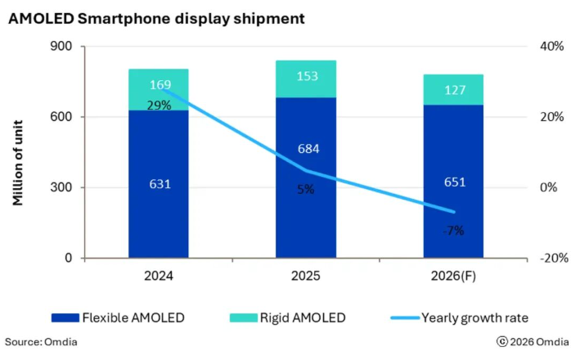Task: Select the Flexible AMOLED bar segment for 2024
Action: tap(159, 213)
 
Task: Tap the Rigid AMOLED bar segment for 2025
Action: tap(305, 79)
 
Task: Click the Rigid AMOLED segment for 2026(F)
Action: tap(452, 90)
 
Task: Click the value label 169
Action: tap(160, 84)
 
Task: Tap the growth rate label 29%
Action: tap(160, 105)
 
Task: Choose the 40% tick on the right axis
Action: tap(551, 47)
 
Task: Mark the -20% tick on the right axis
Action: tap(549, 258)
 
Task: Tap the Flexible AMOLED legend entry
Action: tap(117, 317)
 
